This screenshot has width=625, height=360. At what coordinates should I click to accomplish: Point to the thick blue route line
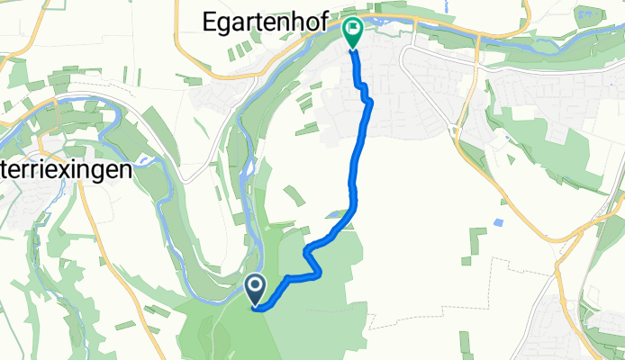(x=352, y=180)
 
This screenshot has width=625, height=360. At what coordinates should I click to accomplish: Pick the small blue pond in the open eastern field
(x=498, y=221)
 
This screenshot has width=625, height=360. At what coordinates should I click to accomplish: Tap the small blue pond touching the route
(x=336, y=214)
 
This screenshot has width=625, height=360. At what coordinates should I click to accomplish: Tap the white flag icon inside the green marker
(x=351, y=27)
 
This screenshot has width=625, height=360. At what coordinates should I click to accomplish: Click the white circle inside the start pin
(x=256, y=286)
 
